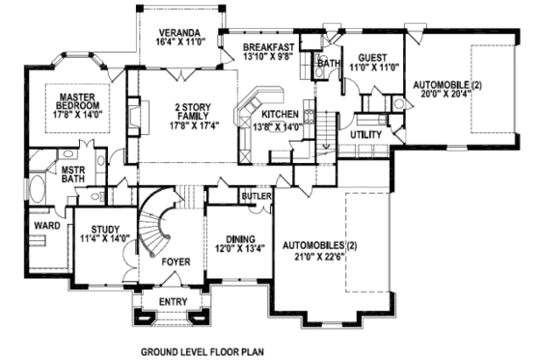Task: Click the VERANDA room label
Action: pyautogui.click(x=180, y=32)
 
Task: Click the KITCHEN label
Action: pyautogui.click(x=279, y=114)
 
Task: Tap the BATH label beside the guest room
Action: pyautogui.click(x=330, y=65)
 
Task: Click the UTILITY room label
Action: pyautogui.click(x=366, y=135)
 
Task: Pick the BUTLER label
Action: pyautogui.click(x=256, y=196)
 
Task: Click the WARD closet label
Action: pyautogui.click(x=47, y=226)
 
